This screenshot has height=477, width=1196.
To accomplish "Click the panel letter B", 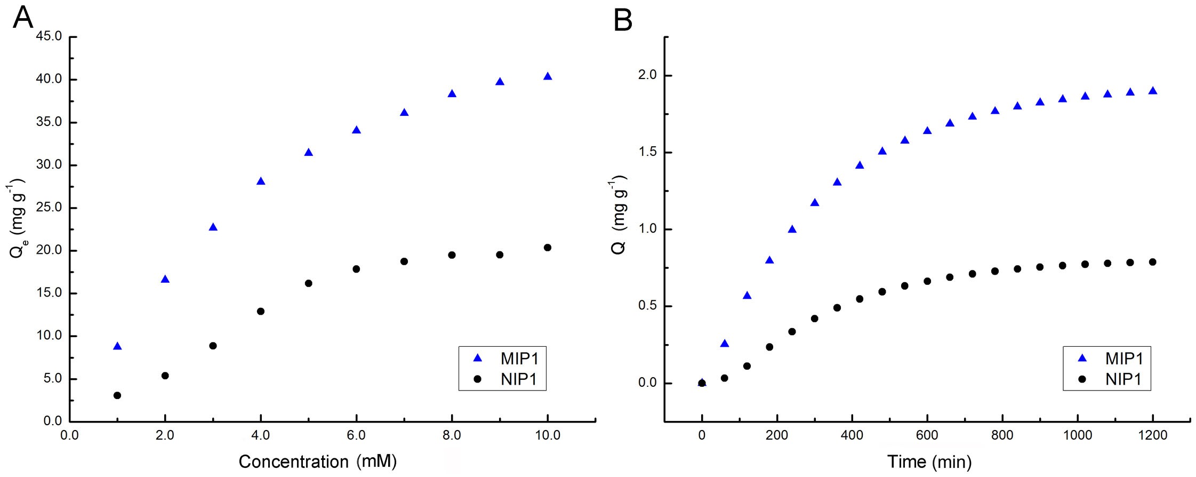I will pyautogui.click(x=623, y=20).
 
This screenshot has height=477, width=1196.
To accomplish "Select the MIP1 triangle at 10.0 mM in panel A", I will pyautogui.click(x=547, y=77).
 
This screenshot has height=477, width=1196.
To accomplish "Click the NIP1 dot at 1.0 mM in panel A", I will pyautogui.click(x=117, y=395).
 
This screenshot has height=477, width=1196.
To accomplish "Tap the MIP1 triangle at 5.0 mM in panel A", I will pyautogui.click(x=308, y=153).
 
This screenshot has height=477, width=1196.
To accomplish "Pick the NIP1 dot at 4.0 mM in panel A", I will pyautogui.click(x=261, y=311).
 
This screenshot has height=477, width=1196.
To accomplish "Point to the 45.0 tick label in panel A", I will pyautogui.click(x=49, y=36).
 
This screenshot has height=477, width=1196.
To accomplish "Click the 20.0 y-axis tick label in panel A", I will pyautogui.click(x=49, y=250).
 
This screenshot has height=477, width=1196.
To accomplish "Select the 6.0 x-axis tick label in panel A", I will pyautogui.click(x=356, y=435).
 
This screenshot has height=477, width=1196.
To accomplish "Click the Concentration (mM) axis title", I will pyautogui.click(x=317, y=462).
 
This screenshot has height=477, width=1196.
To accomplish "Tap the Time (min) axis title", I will pyautogui.click(x=929, y=462).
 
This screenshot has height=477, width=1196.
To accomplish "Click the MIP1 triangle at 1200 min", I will pyautogui.click(x=1152, y=91).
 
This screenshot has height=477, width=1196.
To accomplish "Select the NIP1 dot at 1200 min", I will pyautogui.click(x=1152, y=262).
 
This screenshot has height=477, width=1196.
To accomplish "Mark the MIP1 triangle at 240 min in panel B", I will pyautogui.click(x=792, y=229).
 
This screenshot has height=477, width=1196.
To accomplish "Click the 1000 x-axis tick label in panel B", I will pyautogui.click(x=1077, y=435).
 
